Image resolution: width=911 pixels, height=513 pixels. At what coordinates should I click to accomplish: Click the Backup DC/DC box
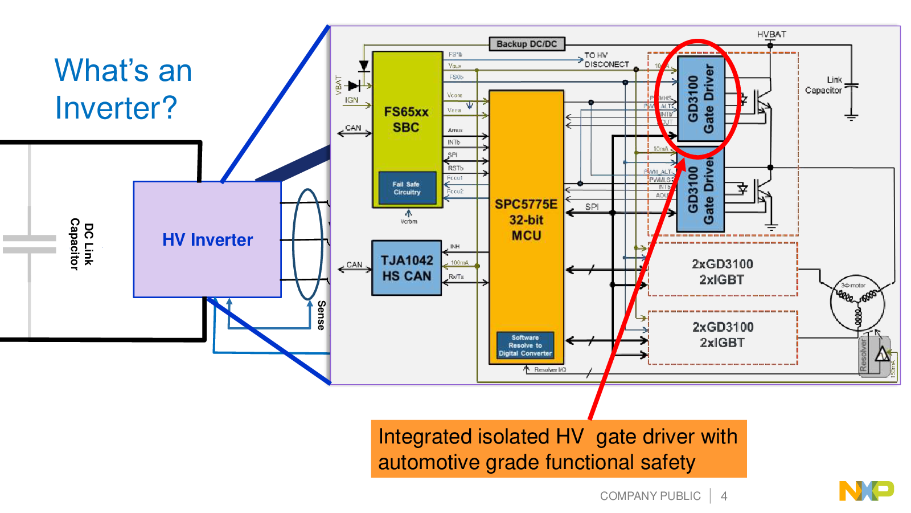(527, 44)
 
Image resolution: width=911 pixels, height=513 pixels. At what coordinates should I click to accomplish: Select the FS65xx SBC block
(407, 119)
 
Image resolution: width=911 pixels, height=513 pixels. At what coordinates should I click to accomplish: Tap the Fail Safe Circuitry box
(407, 188)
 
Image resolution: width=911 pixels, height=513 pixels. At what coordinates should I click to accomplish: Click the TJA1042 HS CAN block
(407, 268)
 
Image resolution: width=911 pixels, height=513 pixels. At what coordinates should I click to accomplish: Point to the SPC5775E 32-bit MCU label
(526, 220)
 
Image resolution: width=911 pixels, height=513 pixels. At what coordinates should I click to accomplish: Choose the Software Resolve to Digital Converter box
(525, 345)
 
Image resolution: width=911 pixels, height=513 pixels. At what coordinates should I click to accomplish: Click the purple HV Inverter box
(207, 239)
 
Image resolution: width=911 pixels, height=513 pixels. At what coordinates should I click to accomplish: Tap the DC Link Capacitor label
(81, 244)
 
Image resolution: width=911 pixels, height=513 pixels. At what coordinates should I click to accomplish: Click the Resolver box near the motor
(864, 355)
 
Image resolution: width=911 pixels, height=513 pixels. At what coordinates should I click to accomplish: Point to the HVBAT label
(772, 34)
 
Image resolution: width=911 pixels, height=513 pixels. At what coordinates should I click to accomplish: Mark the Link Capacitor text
(824, 85)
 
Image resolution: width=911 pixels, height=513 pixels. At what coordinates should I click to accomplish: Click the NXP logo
(866, 491)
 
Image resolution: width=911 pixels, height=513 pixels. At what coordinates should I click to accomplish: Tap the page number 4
(724, 496)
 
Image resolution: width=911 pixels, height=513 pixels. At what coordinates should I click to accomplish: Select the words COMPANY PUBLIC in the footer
(650, 496)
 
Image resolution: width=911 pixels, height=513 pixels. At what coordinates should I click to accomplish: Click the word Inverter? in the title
(116, 108)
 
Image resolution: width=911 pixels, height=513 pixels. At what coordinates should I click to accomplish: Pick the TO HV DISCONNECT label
(606, 60)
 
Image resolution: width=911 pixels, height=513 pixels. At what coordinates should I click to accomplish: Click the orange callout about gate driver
(559, 449)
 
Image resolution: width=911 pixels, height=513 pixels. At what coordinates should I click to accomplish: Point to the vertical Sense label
(321, 315)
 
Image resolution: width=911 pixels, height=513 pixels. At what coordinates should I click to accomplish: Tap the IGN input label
(351, 100)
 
